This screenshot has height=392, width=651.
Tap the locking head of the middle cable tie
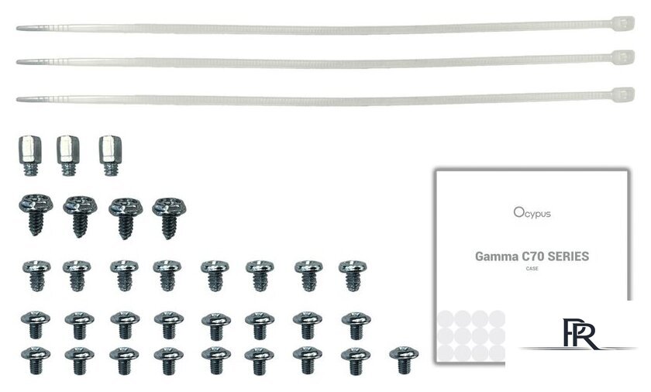[623, 57]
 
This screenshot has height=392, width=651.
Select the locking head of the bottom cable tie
[623, 95]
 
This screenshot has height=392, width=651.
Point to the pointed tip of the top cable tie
[17, 28]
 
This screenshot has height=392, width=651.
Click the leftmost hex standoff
[30, 156]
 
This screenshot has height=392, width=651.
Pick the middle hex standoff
[68, 156]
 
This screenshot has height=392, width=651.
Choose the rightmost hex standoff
[110, 156]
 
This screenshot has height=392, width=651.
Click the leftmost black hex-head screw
[36, 215]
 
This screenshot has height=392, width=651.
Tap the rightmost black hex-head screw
[169, 218]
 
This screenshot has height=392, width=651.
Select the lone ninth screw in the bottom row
[404, 360]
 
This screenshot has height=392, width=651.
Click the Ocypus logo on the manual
[532, 213]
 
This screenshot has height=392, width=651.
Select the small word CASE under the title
[532, 268]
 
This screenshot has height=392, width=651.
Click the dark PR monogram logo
[579, 334]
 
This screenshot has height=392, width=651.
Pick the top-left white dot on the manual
[445, 318]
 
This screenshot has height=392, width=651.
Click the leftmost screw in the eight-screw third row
[36, 276]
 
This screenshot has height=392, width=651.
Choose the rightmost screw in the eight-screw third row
[353, 276]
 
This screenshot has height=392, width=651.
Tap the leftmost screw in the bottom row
[36, 360]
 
